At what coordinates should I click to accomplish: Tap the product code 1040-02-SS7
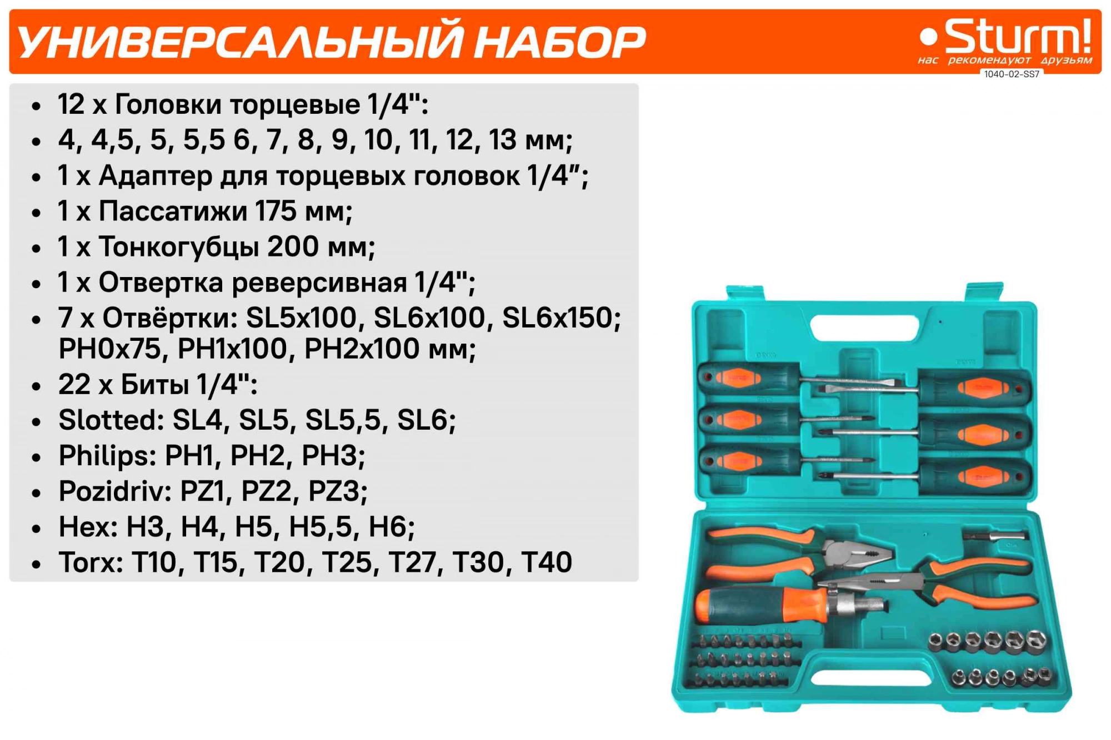(x=1012, y=74)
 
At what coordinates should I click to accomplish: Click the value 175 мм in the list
(x=303, y=212)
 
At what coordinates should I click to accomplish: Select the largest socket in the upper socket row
(x=1035, y=642)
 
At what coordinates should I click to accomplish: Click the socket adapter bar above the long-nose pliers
(x=995, y=536)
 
